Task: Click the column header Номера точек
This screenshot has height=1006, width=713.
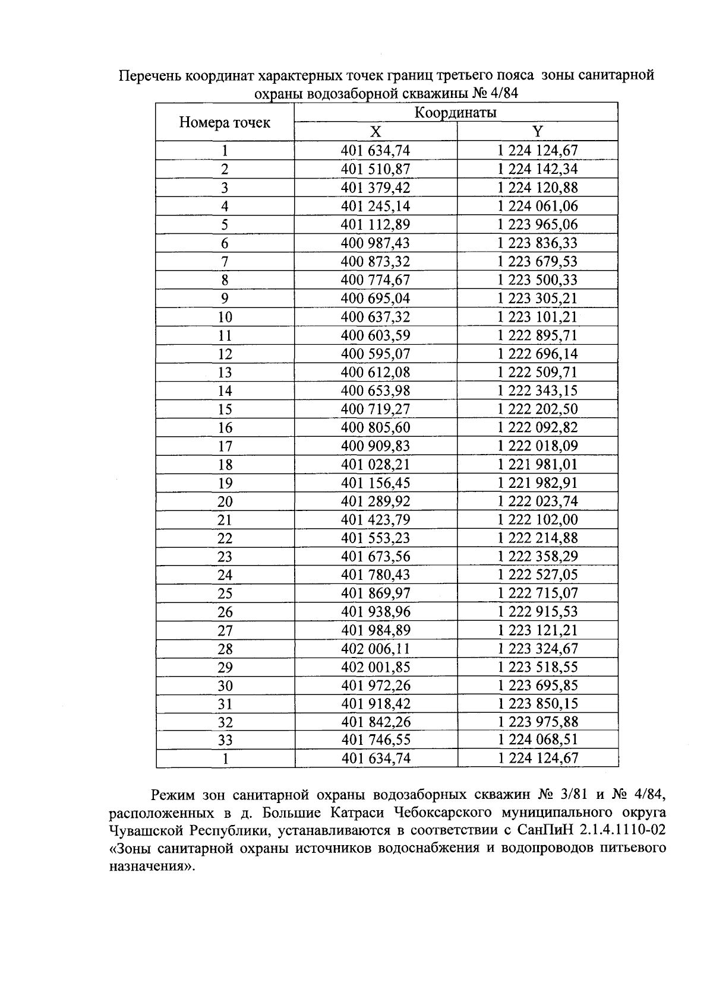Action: (x=225, y=122)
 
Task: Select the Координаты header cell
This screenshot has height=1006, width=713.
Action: (x=456, y=113)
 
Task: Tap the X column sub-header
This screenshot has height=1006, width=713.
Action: (x=376, y=132)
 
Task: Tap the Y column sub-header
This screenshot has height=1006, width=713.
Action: (x=537, y=132)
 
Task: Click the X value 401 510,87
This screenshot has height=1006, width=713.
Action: (x=376, y=169)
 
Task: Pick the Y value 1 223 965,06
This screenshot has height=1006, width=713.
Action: (x=537, y=224)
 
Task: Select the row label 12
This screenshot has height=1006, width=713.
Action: (x=225, y=354)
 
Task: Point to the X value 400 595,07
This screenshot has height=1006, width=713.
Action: (x=376, y=354)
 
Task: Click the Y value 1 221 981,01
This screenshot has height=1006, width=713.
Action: (x=537, y=464)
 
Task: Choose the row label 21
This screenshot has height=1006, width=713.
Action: (x=225, y=520)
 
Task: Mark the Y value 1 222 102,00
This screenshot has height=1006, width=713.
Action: (x=537, y=519)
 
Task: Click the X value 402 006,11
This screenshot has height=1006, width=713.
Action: (x=376, y=648)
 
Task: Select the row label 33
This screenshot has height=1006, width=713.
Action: (x=225, y=740)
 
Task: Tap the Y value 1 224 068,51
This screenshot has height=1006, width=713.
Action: (x=537, y=740)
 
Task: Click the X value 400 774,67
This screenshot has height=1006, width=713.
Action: (x=376, y=280)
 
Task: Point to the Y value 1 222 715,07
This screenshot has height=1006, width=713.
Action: (x=537, y=593)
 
